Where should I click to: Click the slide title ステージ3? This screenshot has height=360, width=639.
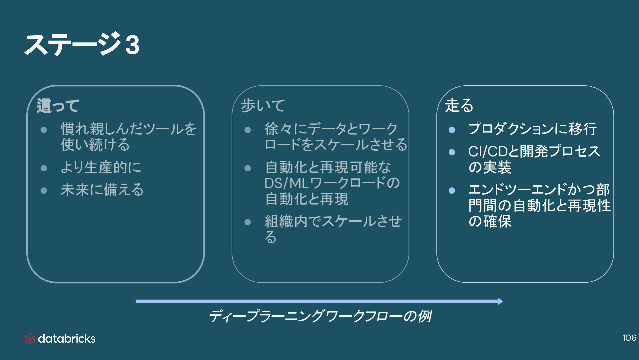(82, 44)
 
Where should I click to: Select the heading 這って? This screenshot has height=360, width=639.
(58, 106)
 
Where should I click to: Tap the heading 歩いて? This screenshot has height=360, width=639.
(263, 106)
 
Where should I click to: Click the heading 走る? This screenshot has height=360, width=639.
(459, 105)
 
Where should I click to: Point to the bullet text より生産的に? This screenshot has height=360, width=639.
(101, 167)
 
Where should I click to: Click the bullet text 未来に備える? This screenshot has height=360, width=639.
(102, 190)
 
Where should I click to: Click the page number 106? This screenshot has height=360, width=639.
(629, 338)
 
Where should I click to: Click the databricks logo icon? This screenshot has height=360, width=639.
(30, 339)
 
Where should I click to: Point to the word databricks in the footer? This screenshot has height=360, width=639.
(67, 339)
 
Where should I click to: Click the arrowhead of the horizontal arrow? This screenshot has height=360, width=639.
(500, 301)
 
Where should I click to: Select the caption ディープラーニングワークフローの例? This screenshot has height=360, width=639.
(320, 316)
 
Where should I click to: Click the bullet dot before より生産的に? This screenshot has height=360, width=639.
(44, 168)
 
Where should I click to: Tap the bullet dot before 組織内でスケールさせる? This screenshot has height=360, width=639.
(247, 222)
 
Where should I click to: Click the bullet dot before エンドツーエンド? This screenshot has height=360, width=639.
(452, 190)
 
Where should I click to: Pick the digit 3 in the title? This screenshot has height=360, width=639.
(132, 45)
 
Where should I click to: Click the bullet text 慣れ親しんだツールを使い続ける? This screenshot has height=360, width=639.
(128, 137)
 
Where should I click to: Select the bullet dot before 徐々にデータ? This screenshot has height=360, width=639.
(247, 130)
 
